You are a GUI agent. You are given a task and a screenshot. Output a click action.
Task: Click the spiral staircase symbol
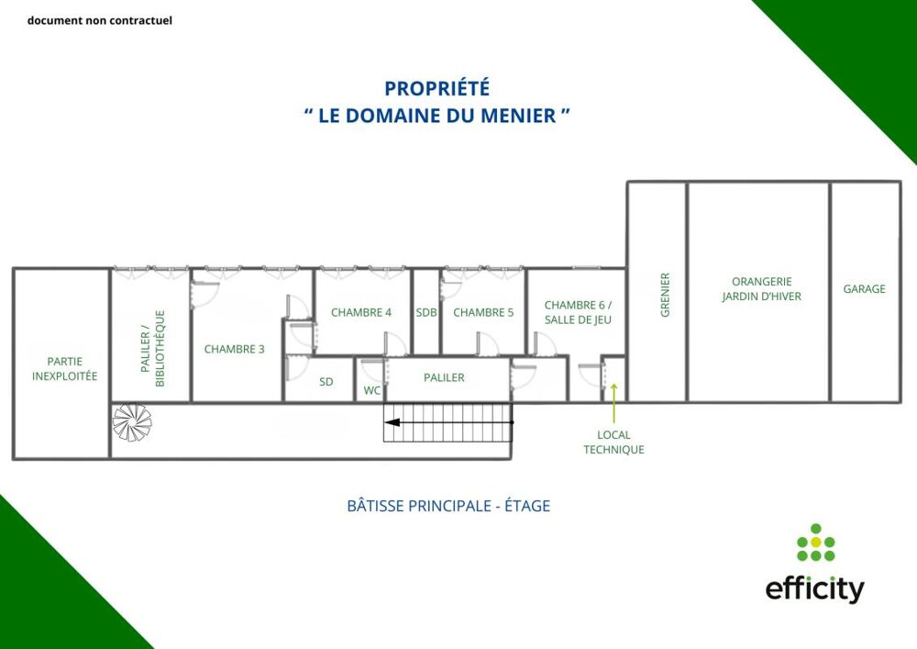click(x=131, y=421)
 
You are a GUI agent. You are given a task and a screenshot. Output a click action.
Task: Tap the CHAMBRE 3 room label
click(x=234, y=349)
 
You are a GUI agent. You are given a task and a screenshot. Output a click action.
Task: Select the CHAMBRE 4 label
click(x=361, y=312)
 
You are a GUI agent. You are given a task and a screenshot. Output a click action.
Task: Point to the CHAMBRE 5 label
click(x=483, y=312)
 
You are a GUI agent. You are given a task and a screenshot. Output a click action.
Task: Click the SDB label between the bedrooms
click(x=426, y=312)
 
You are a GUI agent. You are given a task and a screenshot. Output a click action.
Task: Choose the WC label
click(x=371, y=390)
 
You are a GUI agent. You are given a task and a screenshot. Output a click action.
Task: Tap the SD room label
click(x=326, y=382)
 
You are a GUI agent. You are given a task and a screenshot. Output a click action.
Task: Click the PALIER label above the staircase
click(x=444, y=377)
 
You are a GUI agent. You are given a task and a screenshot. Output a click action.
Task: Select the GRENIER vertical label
click(x=665, y=295)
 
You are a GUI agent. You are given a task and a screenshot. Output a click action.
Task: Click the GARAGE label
click(x=865, y=289)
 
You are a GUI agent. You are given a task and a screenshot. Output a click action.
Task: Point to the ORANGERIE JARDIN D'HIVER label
click(x=761, y=289)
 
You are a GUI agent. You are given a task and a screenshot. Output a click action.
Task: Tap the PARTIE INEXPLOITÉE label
click(x=64, y=369)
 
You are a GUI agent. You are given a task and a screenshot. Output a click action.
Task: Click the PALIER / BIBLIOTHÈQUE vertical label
click(x=152, y=348)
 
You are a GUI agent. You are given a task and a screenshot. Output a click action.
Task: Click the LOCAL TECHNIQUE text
click(x=613, y=442)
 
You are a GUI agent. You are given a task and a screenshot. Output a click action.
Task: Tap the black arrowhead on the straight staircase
click(x=392, y=423)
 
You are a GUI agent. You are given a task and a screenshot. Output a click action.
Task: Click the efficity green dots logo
click(x=815, y=543)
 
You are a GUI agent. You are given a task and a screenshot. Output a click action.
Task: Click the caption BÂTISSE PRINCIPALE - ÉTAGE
click(x=448, y=506)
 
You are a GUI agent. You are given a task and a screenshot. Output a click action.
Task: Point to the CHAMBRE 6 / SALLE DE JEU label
click(x=578, y=312)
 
